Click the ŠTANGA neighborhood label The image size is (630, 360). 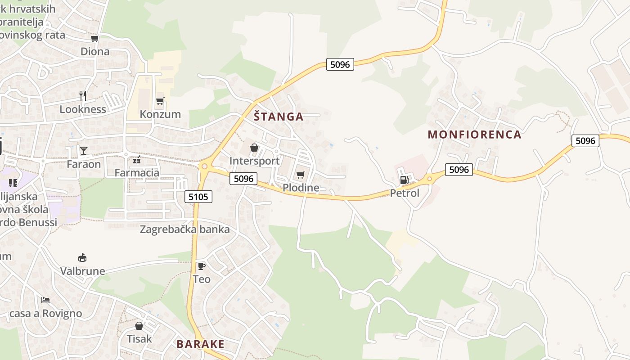[279, 117]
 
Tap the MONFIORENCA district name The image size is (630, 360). [474, 134]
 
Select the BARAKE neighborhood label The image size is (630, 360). [200, 344]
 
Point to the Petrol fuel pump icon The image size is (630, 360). [404, 180]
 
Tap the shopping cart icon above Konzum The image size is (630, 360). [160, 101]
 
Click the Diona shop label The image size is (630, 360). [95, 51]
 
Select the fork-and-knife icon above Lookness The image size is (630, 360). [82, 95]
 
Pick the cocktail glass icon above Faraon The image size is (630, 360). [83, 150]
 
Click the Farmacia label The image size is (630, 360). [137, 173]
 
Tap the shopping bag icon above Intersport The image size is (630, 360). [254, 148]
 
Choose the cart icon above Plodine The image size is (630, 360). [300, 175]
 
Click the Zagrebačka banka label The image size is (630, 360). [184, 229]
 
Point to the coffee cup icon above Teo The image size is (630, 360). [201, 266]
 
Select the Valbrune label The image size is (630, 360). [83, 271]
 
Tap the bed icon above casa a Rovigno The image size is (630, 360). [45, 300]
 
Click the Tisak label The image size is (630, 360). [139, 338]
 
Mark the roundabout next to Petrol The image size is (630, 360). [429, 179]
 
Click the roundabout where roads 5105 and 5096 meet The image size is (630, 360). [205, 166]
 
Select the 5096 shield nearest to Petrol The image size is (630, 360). [459, 170]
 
